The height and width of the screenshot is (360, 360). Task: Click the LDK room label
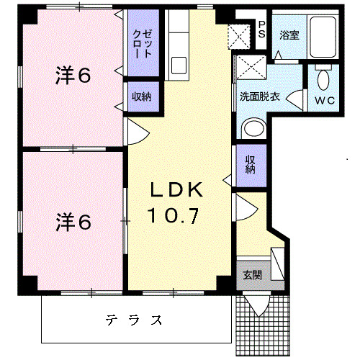point(177,189)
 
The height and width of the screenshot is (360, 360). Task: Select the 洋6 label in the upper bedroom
point(73,75)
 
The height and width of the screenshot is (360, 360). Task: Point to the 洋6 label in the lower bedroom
point(73,222)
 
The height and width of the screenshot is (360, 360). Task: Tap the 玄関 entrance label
point(252,274)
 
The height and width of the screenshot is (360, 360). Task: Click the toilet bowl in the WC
point(323,78)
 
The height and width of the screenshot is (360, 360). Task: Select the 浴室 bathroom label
point(289,35)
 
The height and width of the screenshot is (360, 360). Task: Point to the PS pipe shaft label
point(262,29)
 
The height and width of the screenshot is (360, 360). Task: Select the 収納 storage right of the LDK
point(250,165)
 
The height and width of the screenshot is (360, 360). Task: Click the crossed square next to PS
point(238,35)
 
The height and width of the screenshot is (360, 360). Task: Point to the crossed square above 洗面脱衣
point(252,69)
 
